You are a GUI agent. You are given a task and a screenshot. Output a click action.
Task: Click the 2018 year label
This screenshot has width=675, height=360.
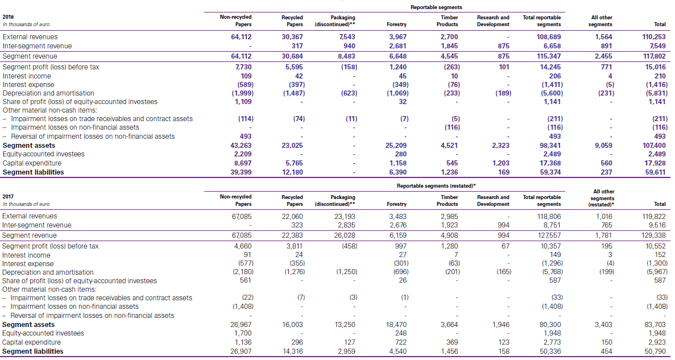9,17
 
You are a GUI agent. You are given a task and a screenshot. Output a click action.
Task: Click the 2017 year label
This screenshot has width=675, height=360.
9,196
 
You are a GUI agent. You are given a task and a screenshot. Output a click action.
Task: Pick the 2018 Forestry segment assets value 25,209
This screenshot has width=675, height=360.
396,146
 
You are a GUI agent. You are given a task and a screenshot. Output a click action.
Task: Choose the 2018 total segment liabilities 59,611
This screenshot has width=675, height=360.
655,172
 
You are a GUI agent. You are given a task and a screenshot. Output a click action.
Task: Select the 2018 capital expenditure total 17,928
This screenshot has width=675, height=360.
655,163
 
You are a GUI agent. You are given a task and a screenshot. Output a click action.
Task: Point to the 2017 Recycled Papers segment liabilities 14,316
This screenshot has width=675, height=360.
293,351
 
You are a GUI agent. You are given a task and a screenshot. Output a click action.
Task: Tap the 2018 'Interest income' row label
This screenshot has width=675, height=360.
27,76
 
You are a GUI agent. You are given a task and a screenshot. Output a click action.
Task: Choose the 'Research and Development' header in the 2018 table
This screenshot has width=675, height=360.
493,21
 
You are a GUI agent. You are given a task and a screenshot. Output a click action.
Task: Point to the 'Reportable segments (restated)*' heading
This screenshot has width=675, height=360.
436,186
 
